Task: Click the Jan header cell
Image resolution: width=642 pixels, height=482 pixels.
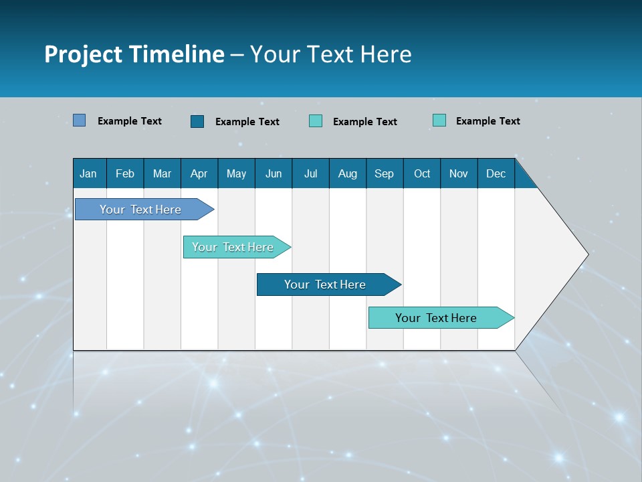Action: (88, 173)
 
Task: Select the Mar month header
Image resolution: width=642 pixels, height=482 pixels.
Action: (162, 173)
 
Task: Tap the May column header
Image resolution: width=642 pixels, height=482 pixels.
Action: (236, 173)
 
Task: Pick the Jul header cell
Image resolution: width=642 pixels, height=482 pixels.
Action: (310, 173)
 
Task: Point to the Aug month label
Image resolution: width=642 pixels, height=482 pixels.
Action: (347, 173)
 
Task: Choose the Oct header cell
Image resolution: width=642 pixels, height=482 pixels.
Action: (422, 173)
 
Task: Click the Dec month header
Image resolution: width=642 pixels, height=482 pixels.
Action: (496, 173)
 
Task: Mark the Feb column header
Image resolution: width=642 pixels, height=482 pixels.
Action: (125, 173)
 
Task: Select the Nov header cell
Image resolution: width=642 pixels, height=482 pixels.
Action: (459, 173)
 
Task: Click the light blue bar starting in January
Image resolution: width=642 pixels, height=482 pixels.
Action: (140, 210)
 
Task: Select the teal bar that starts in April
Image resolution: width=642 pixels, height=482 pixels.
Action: (233, 247)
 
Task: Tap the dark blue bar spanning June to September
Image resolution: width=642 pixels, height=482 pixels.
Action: (325, 285)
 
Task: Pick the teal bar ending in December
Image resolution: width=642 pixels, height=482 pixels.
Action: (436, 318)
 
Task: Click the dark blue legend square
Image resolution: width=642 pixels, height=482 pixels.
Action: (197, 121)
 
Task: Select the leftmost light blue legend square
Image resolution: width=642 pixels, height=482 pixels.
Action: (80, 120)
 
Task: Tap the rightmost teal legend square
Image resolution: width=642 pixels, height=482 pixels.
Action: (439, 120)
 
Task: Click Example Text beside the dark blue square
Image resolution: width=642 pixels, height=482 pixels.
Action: (247, 122)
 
